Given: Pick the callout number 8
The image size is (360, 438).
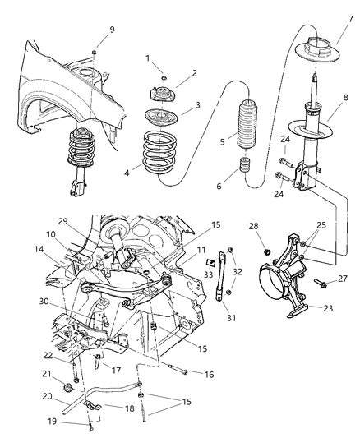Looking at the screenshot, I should tap(346, 97).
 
